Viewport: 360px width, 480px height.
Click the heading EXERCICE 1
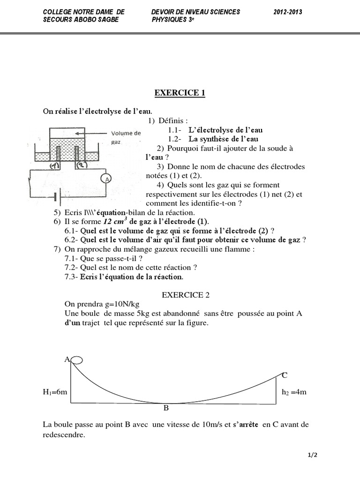[180, 93]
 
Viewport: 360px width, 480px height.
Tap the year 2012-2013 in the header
[288, 12]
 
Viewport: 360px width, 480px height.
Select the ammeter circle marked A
[107, 179]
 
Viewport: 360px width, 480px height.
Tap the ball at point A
[77, 360]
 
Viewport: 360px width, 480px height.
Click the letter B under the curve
[166, 408]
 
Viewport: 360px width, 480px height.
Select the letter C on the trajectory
[285, 375]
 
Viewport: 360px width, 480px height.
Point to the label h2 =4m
[294, 392]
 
